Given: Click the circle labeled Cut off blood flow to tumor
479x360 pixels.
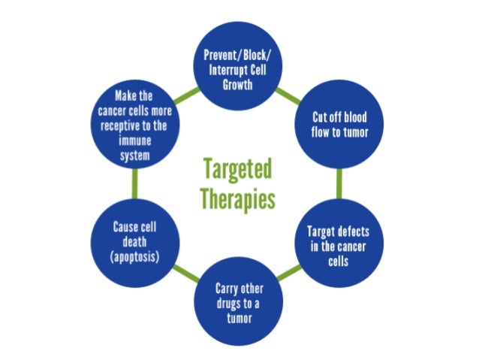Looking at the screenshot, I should (x=339, y=126).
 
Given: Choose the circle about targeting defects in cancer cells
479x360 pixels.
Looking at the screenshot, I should (x=339, y=240).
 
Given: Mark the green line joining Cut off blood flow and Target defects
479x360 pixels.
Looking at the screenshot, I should (x=339, y=183).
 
